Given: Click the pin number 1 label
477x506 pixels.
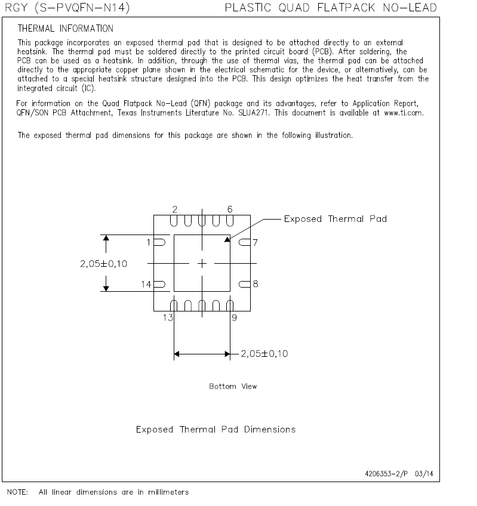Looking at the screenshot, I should click(x=150, y=242).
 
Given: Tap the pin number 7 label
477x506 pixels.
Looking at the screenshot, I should click(x=255, y=242).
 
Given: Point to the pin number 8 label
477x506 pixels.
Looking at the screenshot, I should click(x=255, y=284).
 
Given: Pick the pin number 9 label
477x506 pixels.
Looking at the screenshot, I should click(x=235, y=318).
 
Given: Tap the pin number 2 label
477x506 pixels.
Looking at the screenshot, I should click(x=174, y=209).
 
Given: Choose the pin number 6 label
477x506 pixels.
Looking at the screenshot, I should click(x=230, y=209).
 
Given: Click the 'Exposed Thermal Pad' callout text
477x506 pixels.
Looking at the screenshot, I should click(x=335, y=219).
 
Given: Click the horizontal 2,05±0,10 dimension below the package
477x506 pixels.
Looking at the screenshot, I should click(x=264, y=354).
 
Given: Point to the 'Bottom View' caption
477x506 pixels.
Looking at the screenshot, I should click(x=233, y=387).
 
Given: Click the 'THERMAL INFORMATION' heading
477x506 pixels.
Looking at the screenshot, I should click(x=66, y=29).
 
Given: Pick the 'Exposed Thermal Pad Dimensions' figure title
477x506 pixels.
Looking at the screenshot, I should click(x=216, y=430).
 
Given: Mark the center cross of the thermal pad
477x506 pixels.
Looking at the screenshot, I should click(x=202, y=263).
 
